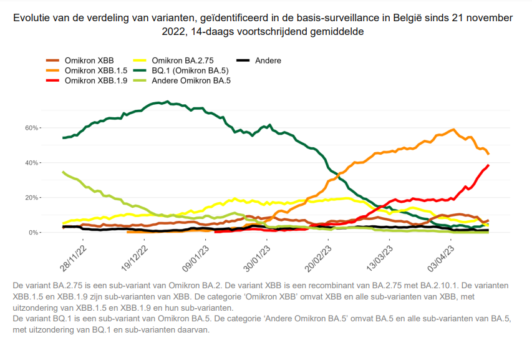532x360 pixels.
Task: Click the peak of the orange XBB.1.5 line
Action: pyautogui.click(x=453, y=130)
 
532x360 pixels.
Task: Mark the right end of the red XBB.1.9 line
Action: pyautogui.click(x=488, y=165)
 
